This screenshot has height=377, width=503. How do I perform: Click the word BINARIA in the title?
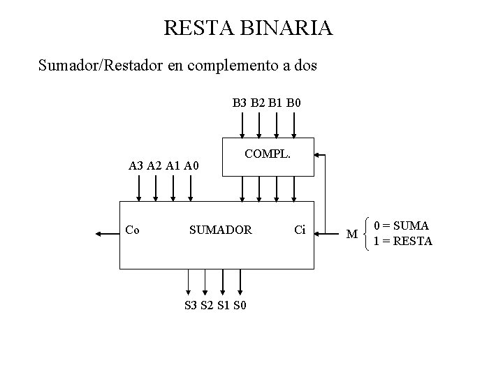[286, 27]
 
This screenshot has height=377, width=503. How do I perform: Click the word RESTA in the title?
[199, 27]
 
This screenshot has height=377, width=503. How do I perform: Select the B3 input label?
[240, 103]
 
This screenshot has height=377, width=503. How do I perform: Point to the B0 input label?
[293, 103]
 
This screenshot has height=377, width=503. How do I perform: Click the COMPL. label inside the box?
[268, 154]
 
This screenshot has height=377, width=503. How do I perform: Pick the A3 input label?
[136, 165]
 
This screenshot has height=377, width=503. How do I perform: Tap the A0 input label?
[191, 165]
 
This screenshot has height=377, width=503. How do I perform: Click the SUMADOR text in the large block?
[221, 230]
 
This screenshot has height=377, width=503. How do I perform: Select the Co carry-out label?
[132, 230]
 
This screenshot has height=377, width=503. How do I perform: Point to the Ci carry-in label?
[300, 230]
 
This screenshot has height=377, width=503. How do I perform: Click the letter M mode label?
[352, 234]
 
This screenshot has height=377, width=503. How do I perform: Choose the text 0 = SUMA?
[401, 226]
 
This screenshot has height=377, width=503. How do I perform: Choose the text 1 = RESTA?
[403, 241]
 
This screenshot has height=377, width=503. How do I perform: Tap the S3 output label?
[190, 305]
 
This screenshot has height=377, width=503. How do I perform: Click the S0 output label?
[240, 305]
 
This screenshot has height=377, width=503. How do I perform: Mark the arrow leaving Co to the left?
[108, 234]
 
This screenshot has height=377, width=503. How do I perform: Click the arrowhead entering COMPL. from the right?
[316, 155]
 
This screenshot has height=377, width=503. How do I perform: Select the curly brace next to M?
[366, 234]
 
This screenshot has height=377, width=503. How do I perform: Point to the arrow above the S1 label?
[223, 282]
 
